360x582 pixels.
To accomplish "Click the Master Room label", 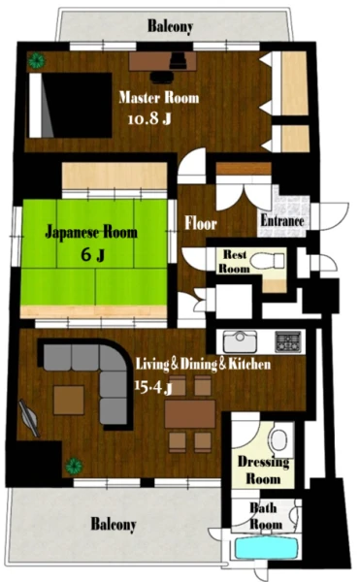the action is coord(159,98).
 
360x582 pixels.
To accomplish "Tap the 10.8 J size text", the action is coord(149,118).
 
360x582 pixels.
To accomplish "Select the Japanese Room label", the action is coord(91,232).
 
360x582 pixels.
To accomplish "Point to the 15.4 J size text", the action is coord(153,387).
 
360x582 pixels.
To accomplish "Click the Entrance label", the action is coord(282,221).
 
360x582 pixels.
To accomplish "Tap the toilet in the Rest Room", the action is coord(268,261).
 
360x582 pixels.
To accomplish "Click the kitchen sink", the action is coord(240,341).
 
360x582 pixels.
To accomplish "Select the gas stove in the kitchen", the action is coord(288,341).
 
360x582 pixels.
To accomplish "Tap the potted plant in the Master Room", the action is coord(37,60).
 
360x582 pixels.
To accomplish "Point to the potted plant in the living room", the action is coord(74,466).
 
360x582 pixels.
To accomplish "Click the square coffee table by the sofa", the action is coord(69,400).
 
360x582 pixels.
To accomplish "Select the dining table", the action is coord(190,414).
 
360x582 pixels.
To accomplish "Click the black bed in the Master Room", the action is coord(71,106).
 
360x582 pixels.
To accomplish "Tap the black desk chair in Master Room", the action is coord(162,78).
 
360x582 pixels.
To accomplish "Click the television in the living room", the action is coord(29,418).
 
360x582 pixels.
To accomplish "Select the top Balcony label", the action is coord(170,26).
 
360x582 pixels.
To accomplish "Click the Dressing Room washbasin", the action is coord(278,440).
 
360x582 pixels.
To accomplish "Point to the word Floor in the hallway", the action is coord(201,223).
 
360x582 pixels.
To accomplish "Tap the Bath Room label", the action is coord(265,516).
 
